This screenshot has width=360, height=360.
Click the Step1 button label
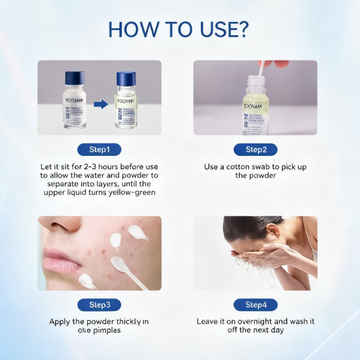click(x=99, y=150)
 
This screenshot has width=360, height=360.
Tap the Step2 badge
click(x=255, y=150)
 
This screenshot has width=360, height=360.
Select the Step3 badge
click(x=99, y=305)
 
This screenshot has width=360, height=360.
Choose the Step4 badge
click(x=255, y=305)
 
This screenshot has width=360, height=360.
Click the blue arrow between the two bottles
click(x=101, y=104)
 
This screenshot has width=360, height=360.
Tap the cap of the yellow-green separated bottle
click(x=125, y=78)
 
